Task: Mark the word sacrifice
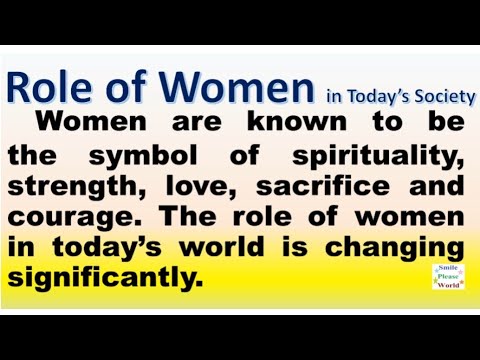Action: [319, 187]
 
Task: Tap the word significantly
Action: [103, 277]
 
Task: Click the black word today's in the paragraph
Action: [101, 247]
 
